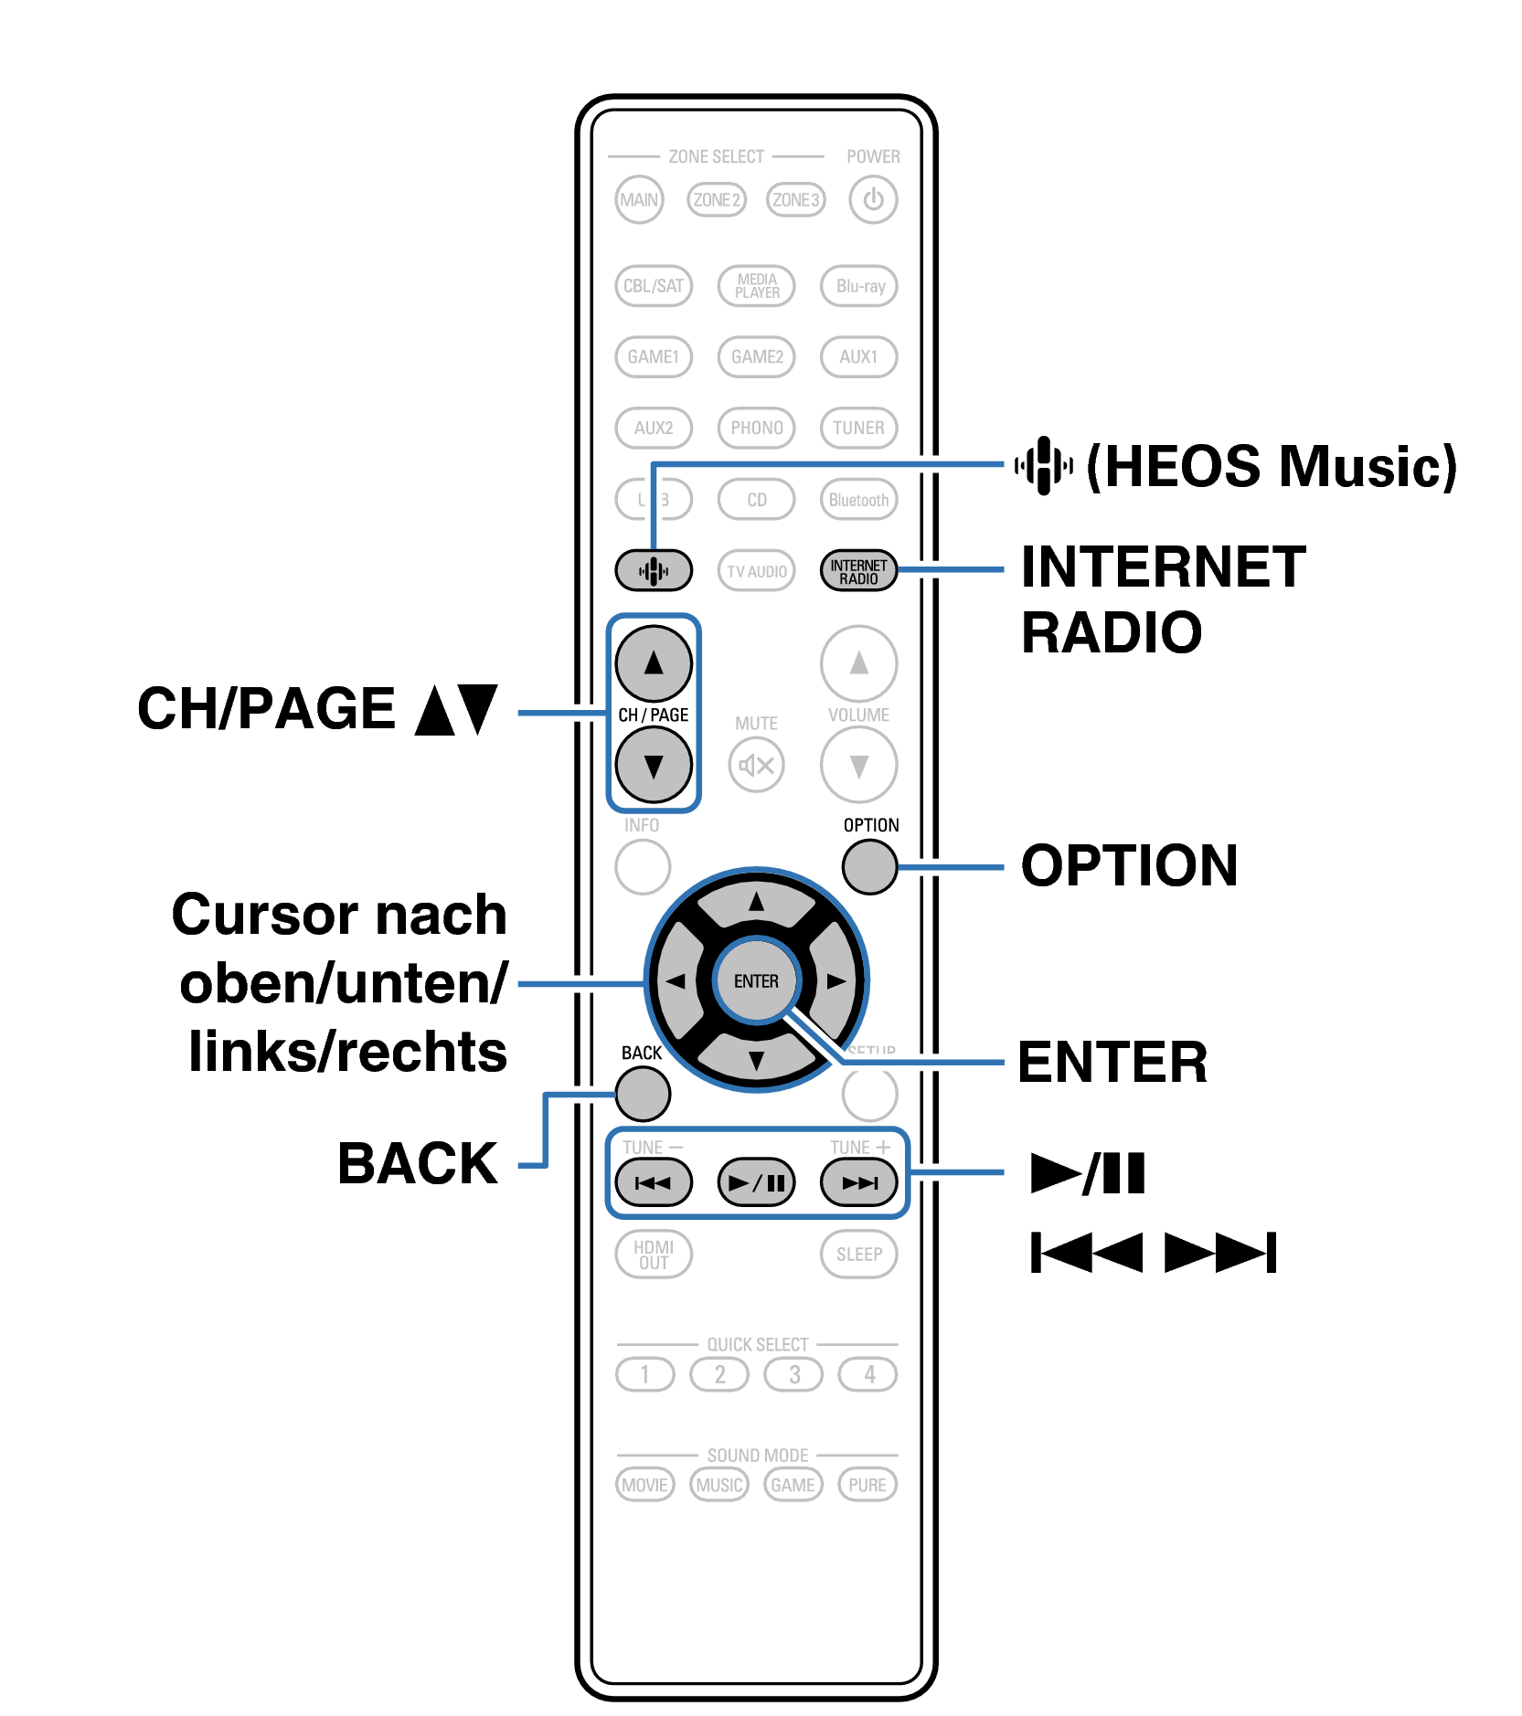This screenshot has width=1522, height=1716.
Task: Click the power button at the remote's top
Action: pos(872,199)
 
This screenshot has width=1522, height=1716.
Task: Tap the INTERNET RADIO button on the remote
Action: pos(858,571)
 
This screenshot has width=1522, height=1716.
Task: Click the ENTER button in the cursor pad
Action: pos(756,981)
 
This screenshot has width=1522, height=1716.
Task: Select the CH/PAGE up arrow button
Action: pos(653,663)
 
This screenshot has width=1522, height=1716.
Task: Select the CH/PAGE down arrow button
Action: pos(653,765)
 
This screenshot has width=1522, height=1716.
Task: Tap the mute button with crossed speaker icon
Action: pos(756,765)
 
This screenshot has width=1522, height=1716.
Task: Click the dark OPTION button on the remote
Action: pos(868,866)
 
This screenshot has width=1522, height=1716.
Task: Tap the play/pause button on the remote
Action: pos(756,1183)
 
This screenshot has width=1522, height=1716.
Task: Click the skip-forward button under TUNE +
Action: pos(858,1183)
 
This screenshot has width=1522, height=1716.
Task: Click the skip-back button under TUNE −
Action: pos(653,1183)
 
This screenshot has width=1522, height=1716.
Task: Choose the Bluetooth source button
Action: pos(858,500)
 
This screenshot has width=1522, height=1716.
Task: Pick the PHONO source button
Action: pos(756,428)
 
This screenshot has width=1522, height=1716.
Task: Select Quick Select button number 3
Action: pos(793,1374)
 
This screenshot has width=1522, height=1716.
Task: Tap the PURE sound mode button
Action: pos(867,1485)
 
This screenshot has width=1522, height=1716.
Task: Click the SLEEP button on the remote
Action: pos(858,1255)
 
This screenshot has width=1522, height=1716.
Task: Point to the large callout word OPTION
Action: pos(1129,866)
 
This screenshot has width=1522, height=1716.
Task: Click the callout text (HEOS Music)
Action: pos(1271,467)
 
